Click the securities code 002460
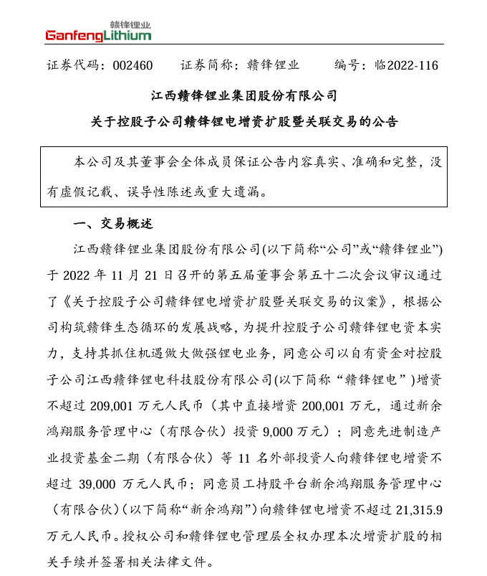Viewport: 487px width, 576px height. [132, 65]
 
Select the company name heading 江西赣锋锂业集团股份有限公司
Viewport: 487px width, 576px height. [243, 95]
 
